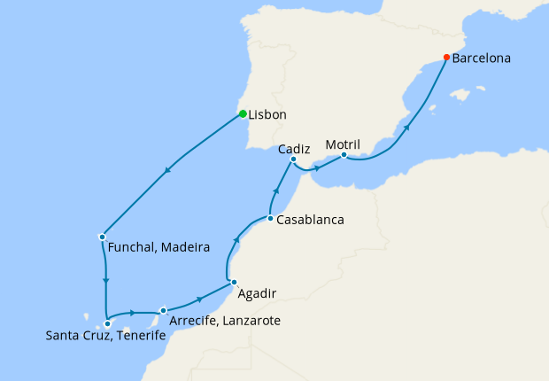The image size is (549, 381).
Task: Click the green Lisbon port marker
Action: [x=243, y=113]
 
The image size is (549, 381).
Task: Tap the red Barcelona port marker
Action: [x=446, y=58]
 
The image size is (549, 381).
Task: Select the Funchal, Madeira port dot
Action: [x=103, y=237]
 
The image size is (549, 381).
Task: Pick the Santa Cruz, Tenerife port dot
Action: [x=107, y=323]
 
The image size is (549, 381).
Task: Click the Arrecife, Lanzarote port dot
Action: [x=164, y=310]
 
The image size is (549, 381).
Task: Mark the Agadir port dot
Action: [x=233, y=283]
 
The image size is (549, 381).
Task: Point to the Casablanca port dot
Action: [x=270, y=218]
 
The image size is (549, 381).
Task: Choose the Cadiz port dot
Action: [x=293, y=159]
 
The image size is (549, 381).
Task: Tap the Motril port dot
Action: [x=344, y=154]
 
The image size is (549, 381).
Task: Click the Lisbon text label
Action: [x=267, y=114]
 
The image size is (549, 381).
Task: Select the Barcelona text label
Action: [x=481, y=59]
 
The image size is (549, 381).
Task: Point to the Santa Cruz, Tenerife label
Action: [x=105, y=336]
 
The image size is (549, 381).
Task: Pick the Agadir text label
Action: [x=258, y=293]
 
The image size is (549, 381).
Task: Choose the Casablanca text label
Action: [x=310, y=219]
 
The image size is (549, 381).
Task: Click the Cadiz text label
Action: [x=293, y=149]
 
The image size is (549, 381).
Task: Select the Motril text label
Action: [x=343, y=144]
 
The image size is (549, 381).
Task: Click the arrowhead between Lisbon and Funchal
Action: [x=166, y=172]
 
